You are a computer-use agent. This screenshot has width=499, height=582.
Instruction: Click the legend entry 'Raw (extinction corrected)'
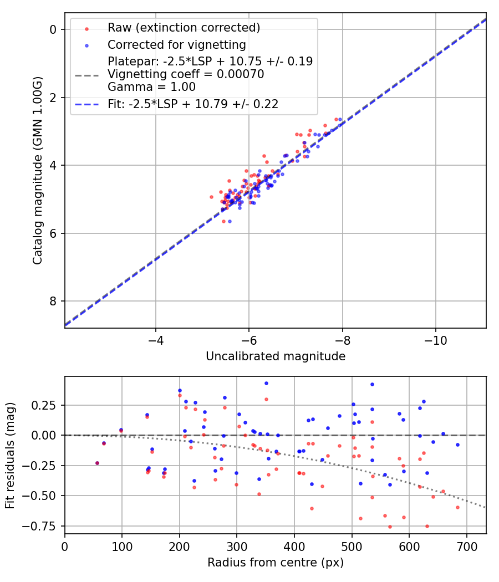[x=184, y=28]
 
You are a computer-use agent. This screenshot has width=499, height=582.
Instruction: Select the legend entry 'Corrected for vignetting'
[x=177, y=44]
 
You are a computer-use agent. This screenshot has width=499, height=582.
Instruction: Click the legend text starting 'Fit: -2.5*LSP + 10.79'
[x=193, y=104]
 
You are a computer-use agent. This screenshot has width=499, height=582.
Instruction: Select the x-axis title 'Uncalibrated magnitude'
[x=276, y=356]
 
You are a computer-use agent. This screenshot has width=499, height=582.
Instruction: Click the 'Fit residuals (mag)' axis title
[x=9, y=455]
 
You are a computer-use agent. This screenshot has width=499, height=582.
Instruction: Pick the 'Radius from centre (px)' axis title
[x=276, y=563]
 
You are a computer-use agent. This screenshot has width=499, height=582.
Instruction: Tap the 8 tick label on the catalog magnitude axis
[x=54, y=301]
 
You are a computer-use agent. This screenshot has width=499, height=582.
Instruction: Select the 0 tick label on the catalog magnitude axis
[x=54, y=29]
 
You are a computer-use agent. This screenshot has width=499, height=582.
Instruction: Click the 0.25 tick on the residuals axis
[x=47, y=405]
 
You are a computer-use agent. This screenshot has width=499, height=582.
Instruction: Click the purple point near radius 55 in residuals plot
[x=97, y=463]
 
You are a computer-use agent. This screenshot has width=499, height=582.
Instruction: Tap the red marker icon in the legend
[x=86, y=28]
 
